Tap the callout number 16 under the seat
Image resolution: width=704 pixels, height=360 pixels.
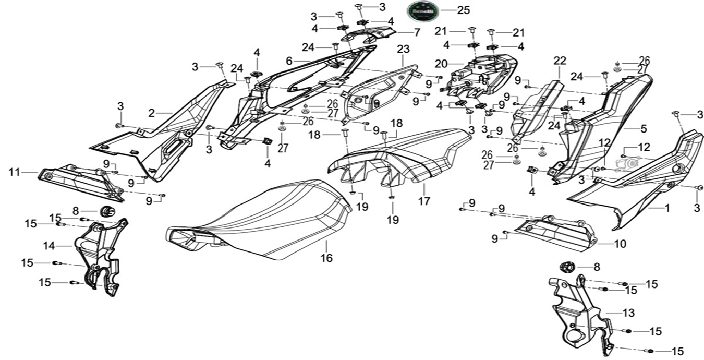[326, 258]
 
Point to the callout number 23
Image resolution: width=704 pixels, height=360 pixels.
[403, 50]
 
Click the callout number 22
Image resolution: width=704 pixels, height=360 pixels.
[560, 61]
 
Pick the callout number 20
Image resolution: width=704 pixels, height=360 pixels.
[441, 64]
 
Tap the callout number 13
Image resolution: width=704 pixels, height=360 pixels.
[628, 313]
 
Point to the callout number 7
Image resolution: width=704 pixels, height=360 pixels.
[417, 32]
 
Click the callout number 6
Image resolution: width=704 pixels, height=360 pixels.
[289, 61]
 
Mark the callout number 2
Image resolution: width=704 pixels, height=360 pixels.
[152, 112]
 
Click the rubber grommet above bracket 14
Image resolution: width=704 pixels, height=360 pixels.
[108, 211]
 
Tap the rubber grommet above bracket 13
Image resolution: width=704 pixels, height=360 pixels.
[567, 267]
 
